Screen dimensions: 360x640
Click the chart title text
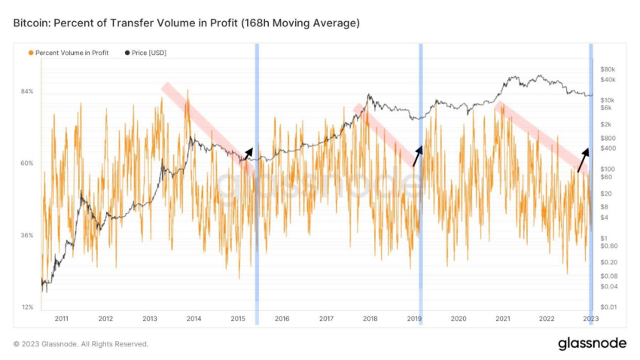click(x=186, y=24)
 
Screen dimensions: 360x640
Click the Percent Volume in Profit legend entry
click(x=68, y=53)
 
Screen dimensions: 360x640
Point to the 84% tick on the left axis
click(x=26, y=91)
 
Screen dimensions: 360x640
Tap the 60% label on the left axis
click(x=26, y=163)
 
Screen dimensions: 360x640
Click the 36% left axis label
click(x=26, y=235)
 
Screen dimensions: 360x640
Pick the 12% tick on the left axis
click(x=26, y=307)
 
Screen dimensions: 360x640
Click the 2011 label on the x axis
click(x=61, y=319)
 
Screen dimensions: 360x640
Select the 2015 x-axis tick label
click(x=238, y=319)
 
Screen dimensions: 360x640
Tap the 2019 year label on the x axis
click(x=414, y=319)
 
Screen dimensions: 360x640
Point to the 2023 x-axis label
click(x=591, y=319)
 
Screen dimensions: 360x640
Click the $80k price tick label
click(x=608, y=69)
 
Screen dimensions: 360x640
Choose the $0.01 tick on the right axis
click(x=608, y=307)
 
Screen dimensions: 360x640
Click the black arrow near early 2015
click(x=247, y=154)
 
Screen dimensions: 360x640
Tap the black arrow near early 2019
click(x=418, y=154)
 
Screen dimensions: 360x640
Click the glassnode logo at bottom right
click(x=592, y=343)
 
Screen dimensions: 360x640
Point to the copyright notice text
click(x=81, y=344)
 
